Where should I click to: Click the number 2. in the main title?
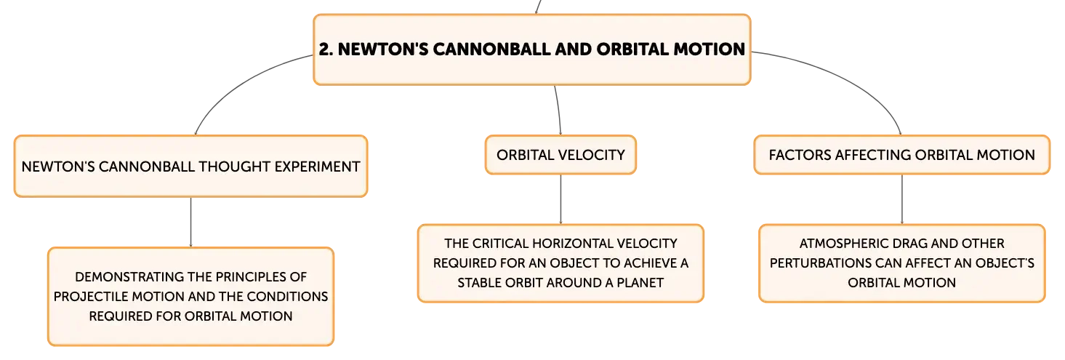pyautogui.click(x=326, y=49)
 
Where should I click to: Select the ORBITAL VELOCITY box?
pyautogui.click(x=560, y=155)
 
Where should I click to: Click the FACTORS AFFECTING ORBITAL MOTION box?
pyautogui.click(x=902, y=155)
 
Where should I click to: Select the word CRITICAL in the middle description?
pyautogui.click(x=500, y=244)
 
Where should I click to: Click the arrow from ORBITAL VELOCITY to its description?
pyautogui.click(x=560, y=199)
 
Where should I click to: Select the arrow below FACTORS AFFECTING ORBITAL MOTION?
pyautogui.click(x=902, y=199)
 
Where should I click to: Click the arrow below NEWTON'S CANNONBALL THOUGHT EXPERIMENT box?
pyautogui.click(x=190, y=223)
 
